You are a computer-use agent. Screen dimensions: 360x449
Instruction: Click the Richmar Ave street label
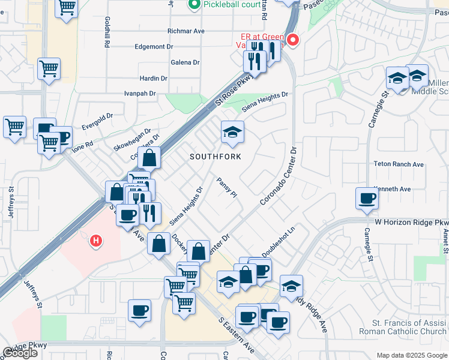[x=187, y=31]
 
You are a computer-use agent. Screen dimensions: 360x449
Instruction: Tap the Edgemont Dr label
[x=154, y=46]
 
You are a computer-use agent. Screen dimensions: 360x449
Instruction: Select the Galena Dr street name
[x=185, y=62]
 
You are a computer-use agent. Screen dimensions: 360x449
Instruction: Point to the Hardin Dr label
[x=153, y=79]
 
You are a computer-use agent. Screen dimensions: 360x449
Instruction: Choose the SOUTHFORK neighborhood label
[x=215, y=157]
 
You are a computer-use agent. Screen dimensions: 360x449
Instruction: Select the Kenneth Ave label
[x=392, y=189]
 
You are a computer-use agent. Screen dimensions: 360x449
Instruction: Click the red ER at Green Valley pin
[x=293, y=40]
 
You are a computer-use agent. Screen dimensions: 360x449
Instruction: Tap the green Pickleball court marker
[x=194, y=5]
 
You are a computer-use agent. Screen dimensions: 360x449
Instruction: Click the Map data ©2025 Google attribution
[x=411, y=355]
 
